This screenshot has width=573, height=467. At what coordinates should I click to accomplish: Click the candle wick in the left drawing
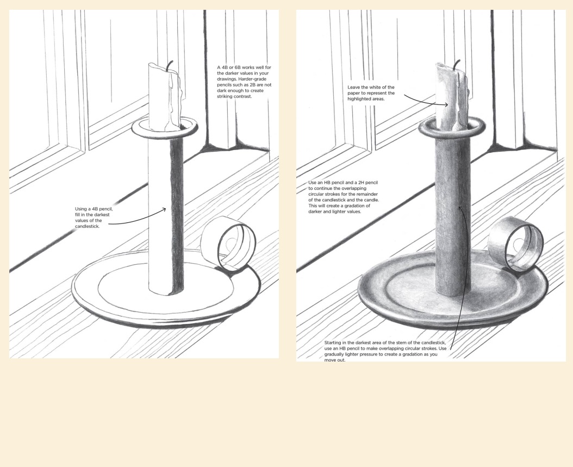(x=169, y=66)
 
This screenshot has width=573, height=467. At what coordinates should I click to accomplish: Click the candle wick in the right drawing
(x=457, y=65)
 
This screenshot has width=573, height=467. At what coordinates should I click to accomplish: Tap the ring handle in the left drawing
(x=228, y=243)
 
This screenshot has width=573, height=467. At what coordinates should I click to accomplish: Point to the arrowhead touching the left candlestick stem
(x=164, y=209)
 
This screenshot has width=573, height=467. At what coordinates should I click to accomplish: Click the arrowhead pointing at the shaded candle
(x=446, y=105)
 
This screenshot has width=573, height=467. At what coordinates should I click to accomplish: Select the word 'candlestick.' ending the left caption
(x=87, y=227)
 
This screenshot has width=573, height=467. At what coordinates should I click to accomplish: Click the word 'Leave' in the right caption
(x=354, y=88)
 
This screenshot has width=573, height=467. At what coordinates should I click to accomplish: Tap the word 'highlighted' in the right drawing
(x=359, y=99)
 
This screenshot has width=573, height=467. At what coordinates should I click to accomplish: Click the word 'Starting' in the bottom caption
(x=333, y=343)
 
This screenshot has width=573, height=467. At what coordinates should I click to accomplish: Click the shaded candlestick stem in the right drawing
(x=453, y=216)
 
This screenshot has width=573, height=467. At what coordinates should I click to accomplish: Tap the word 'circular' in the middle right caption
(x=316, y=195)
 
